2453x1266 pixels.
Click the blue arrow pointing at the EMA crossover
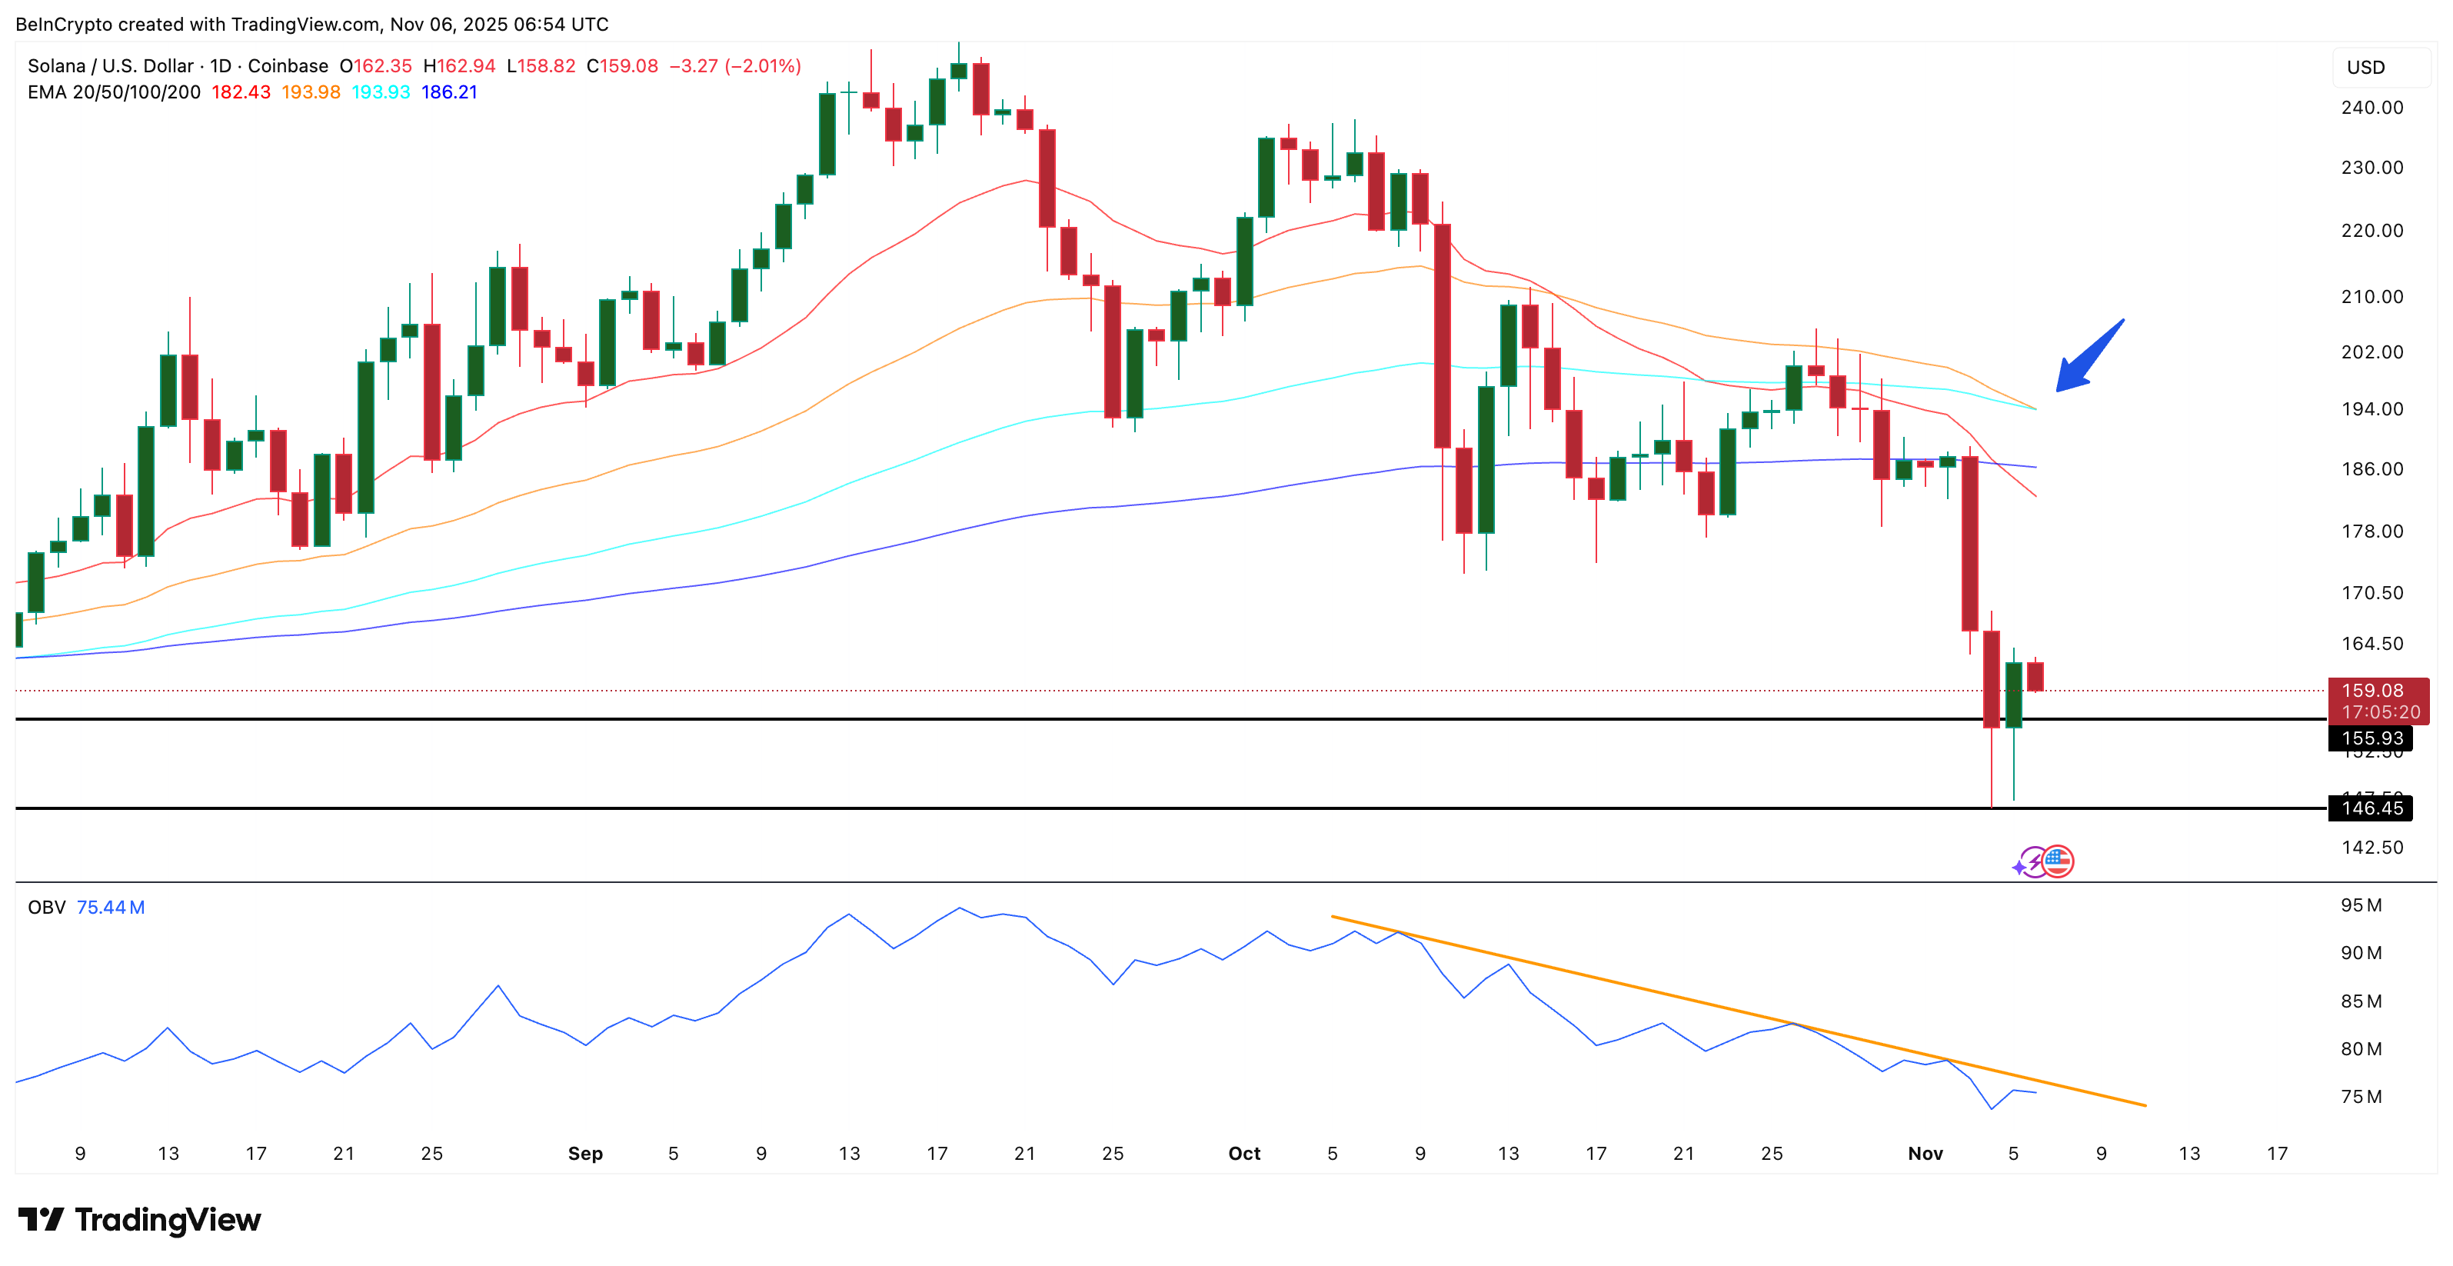coord(2089,357)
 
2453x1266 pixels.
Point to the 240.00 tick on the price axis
coord(2371,108)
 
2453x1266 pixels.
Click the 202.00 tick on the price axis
coord(2371,352)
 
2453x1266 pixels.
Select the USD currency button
coord(2365,68)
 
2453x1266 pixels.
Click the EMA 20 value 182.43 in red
coord(241,92)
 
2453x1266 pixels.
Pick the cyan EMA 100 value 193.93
coord(380,92)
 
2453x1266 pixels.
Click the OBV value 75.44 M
coord(111,908)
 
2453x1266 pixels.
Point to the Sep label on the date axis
coord(584,1154)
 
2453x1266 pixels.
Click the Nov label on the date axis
coord(1925,1154)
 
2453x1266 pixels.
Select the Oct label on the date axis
coord(1243,1154)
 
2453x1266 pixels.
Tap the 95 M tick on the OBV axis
coord(2361,905)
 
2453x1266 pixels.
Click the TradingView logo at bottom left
coord(139,1221)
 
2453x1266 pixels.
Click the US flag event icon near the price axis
coord(2058,861)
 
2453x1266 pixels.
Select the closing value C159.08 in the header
coord(622,65)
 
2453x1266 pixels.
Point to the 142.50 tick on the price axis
coord(2371,848)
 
